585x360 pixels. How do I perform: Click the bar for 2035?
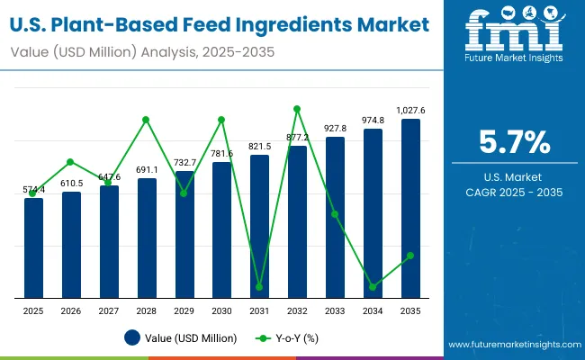tap(410, 208)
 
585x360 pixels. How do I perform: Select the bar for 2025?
tap(33, 247)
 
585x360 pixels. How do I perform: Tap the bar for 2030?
tap(221, 229)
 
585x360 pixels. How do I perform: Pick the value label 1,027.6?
tap(410, 111)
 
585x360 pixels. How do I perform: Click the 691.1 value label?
tap(147, 170)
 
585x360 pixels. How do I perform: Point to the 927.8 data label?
tap(335, 129)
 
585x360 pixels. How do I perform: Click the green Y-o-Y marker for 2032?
tap(297, 109)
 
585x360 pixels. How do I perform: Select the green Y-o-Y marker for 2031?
tap(259, 287)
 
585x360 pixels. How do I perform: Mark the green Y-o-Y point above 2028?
tap(147, 120)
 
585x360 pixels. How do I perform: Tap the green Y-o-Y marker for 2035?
tap(410, 256)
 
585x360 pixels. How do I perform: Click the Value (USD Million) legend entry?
tap(181, 338)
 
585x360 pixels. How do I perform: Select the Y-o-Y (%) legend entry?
tap(288, 338)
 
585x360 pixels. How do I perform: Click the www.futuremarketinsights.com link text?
tap(509, 345)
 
